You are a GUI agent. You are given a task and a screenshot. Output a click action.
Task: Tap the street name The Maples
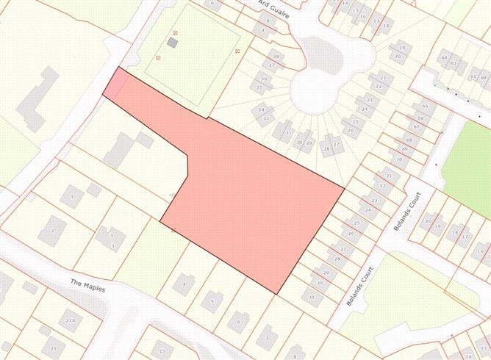coord(88,286)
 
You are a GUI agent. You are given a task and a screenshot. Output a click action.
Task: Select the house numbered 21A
coord(71,321)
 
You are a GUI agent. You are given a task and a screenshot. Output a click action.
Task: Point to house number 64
coord(444,57)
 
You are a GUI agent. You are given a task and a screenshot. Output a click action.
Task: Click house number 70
coord(400,159)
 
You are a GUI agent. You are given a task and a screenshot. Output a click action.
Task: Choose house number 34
coord(262,111)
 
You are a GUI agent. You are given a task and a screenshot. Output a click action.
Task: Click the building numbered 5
coord(212,300)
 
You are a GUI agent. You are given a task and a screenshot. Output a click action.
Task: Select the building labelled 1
coord(71,196)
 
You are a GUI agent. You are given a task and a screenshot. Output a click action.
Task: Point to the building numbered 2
coord(52,231)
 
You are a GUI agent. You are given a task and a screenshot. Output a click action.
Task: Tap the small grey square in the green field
coord(172,43)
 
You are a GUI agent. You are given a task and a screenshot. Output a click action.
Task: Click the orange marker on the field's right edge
coord(237,51)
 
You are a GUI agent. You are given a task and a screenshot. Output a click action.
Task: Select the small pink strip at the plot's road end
coord(112,84)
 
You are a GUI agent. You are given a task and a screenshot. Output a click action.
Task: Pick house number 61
coord(473,77)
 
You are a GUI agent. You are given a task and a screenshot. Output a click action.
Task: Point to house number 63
coord(454,63)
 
